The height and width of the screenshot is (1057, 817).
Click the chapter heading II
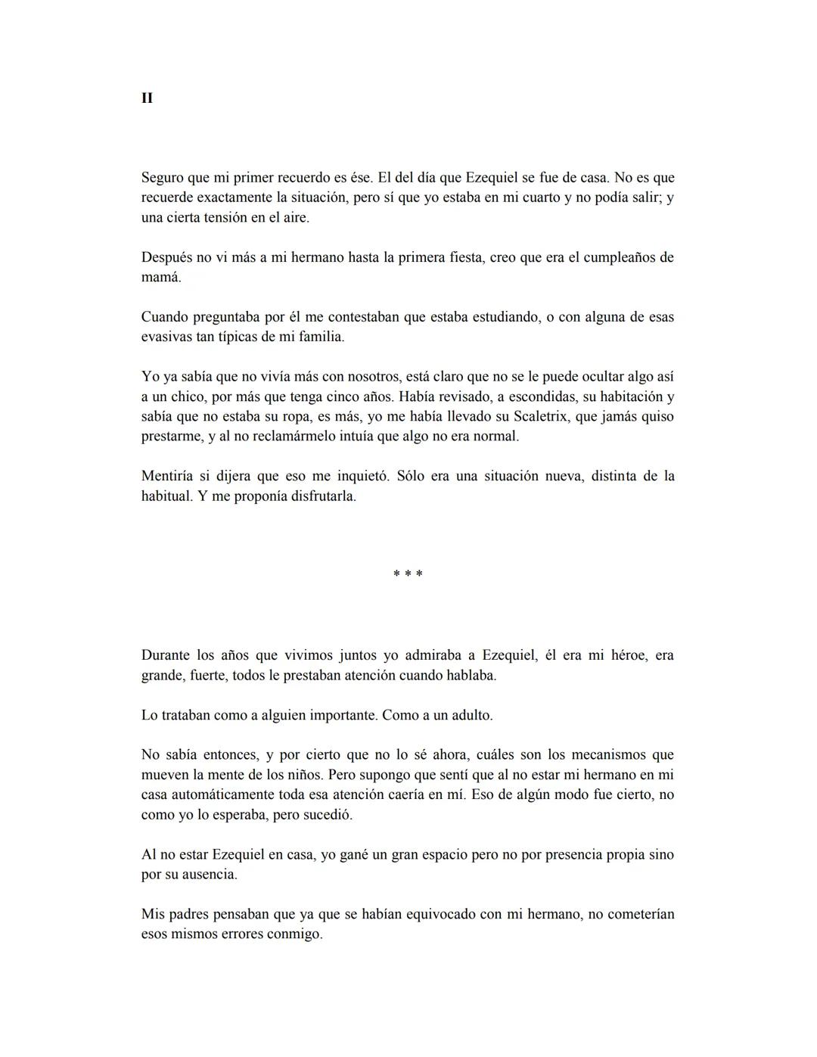coord(147,98)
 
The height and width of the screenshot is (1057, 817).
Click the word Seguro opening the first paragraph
coord(163,178)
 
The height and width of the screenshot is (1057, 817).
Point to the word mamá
coord(161,278)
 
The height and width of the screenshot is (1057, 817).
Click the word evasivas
coord(166,337)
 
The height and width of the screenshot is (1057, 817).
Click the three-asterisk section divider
coord(408,574)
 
